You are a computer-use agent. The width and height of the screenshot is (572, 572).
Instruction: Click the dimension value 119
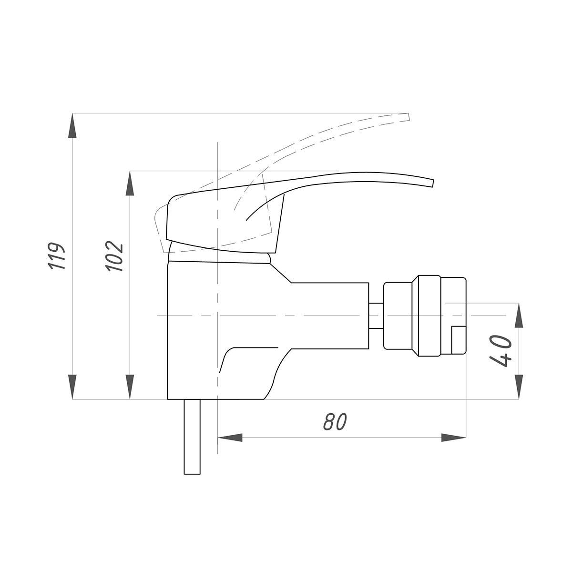tap(57, 256)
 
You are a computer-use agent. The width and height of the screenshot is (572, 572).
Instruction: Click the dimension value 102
tap(114, 256)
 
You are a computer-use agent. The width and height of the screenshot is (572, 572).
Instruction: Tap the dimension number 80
tap(335, 422)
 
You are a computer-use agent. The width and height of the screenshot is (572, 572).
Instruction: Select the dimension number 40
tap(501, 351)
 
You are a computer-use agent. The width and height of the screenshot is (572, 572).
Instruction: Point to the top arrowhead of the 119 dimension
tap(72, 125)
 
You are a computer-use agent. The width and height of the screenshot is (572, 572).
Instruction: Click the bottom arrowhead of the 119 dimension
tap(72, 387)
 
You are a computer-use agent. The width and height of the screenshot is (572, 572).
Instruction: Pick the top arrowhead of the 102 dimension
tap(130, 183)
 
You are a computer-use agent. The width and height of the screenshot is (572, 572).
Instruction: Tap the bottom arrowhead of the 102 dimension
tap(130, 387)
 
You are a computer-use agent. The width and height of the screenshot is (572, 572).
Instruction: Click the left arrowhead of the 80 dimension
tap(230, 438)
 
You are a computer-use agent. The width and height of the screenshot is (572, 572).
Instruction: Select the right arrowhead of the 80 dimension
tap(454, 438)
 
